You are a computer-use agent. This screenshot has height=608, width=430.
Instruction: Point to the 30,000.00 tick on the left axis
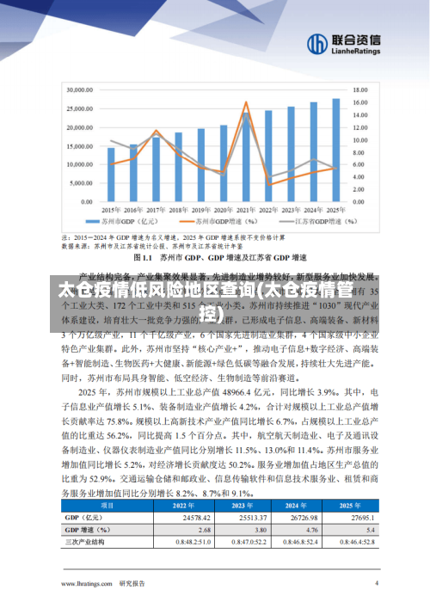(80, 89)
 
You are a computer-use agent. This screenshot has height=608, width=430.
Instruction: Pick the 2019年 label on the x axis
(200, 210)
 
